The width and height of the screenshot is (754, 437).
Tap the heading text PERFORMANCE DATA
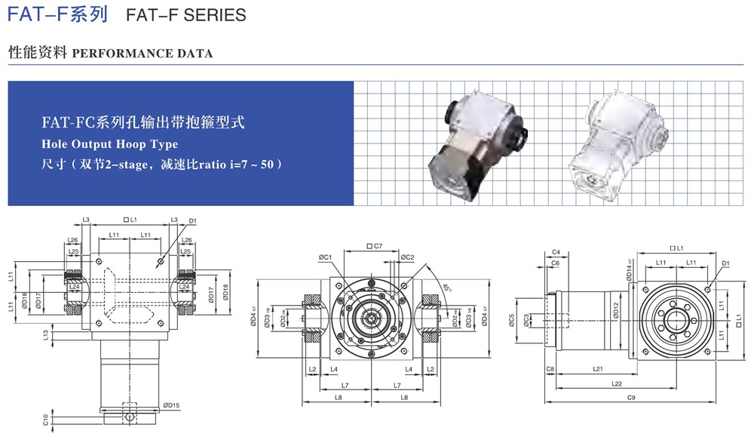(x=143, y=54)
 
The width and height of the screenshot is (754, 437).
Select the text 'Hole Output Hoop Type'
(x=109, y=143)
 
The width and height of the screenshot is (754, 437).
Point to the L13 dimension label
(x=46, y=334)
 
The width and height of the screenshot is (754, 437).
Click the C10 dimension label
(x=46, y=419)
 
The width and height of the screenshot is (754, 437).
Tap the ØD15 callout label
(x=171, y=405)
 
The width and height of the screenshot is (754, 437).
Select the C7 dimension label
(x=374, y=246)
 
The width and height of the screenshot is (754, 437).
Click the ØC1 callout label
(x=326, y=257)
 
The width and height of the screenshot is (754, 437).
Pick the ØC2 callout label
(x=407, y=257)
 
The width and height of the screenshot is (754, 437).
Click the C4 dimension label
(x=556, y=251)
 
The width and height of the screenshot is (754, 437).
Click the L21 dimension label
(x=597, y=369)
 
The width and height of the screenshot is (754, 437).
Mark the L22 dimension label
(x=618, y=384)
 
